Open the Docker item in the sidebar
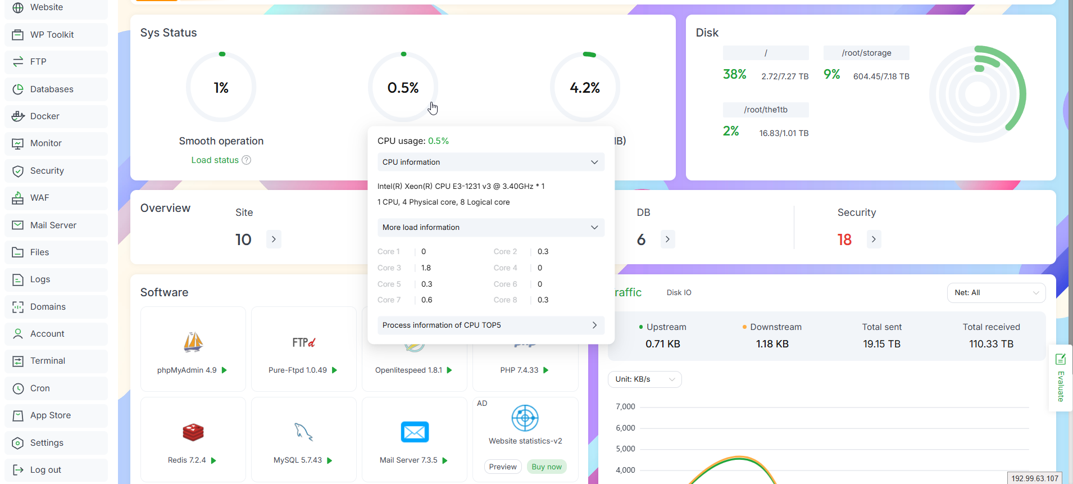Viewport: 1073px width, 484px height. pos(44,116)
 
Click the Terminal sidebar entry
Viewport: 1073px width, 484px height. pos(47,361)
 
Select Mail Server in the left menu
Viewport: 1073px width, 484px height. pos(53,225)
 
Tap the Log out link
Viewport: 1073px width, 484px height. pos(45,470)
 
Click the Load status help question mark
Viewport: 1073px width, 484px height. pos(246,160)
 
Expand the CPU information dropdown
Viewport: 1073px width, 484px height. pos(490,162)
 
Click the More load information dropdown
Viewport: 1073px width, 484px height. pos(490,227)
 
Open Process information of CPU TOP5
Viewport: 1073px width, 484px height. pos(490,325)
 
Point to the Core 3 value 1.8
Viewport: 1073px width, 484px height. pos(426,268)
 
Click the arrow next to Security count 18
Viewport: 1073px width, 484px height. pos(874,239)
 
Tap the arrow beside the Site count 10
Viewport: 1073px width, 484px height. pos(274,239)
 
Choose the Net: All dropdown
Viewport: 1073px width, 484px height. pos(996,293)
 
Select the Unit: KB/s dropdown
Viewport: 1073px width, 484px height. pos(644,379)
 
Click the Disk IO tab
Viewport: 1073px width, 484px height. pos(679,293)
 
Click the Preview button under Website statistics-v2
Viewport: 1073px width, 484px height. pos(502,467)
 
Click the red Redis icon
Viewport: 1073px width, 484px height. pos(193,432)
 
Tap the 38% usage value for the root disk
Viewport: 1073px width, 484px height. pos(734,75)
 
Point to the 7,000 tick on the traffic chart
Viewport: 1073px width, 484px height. pos(625,407)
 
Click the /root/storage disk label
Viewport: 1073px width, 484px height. pos(866,53)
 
